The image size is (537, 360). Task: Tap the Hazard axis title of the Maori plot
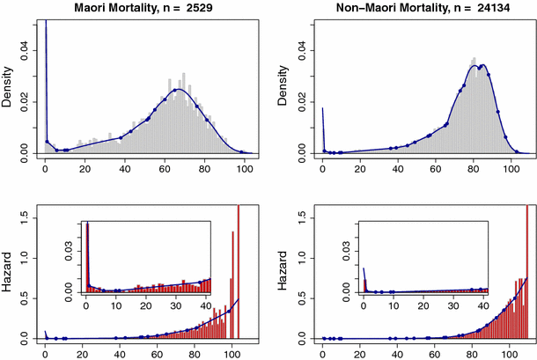(x=8, y=273)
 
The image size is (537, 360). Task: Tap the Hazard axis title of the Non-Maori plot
(x=285, y=273)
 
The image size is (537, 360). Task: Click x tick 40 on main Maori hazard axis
(x=120, y=355)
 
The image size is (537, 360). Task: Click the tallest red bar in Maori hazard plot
(x=238, y=273)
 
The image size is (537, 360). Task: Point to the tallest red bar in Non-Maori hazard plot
(x=526, y=273)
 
